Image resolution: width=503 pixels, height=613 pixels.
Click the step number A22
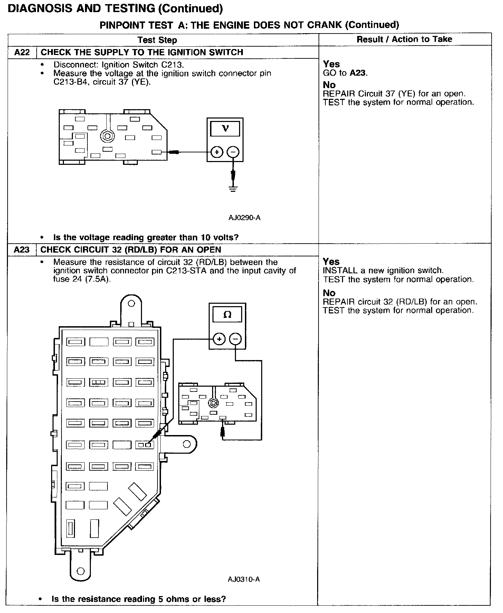click(x=22, y=53)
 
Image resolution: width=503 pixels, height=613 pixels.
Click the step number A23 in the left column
click(x=22, y=250)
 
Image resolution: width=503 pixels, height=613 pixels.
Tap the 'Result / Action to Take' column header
click(x=404, y=39)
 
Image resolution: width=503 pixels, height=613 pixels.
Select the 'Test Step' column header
click(x=157, y=40)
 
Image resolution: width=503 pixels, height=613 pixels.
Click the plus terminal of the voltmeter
click(x=217, y=152)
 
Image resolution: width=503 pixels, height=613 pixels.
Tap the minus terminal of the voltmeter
click(x=233, y=152)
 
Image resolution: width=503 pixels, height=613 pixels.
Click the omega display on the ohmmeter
click(x=227, y=315)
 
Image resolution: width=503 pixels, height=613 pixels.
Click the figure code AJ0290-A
click(x=244, y=218)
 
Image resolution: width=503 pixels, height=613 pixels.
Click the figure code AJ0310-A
click(x=244, y=579)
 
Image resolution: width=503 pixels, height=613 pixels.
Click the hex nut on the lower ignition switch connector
click(x=213, y=403)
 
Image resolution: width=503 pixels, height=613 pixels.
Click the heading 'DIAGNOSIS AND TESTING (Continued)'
click(x=115, y=9)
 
